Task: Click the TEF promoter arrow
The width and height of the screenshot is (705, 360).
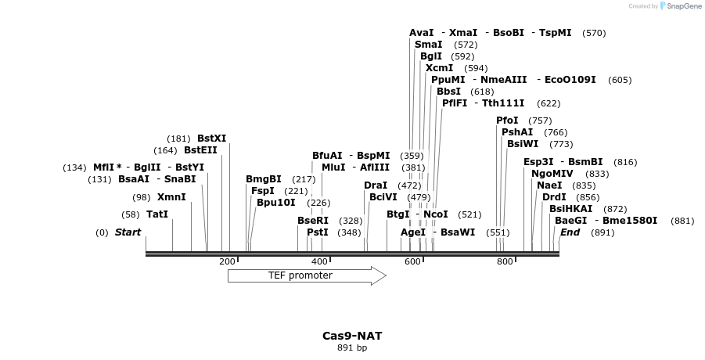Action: [306, 275]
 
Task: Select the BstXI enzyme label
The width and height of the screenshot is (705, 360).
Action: [211, 139]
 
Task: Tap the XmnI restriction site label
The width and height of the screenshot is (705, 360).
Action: [171, 197]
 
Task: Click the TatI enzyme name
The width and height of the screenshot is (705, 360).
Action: [157, 214]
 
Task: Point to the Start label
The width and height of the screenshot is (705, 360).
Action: [128, 232]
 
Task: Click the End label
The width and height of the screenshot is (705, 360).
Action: [570, 232]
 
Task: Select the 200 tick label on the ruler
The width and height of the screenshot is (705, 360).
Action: [227, 261]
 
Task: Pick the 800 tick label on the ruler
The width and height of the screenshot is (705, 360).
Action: [505, 261]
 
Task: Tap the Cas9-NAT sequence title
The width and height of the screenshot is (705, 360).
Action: [352, 336]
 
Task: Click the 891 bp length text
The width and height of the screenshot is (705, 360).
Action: [352, 347]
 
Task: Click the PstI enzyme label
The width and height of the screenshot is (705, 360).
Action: [317, 232]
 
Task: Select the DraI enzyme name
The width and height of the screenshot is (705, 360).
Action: [376, 185]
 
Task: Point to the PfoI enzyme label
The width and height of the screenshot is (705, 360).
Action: [507, 121]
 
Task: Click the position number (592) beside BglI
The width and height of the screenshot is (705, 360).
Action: [462, 56]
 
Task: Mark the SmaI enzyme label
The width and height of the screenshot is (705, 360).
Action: [428, 45]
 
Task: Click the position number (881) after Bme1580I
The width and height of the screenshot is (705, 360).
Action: [682, 221]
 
